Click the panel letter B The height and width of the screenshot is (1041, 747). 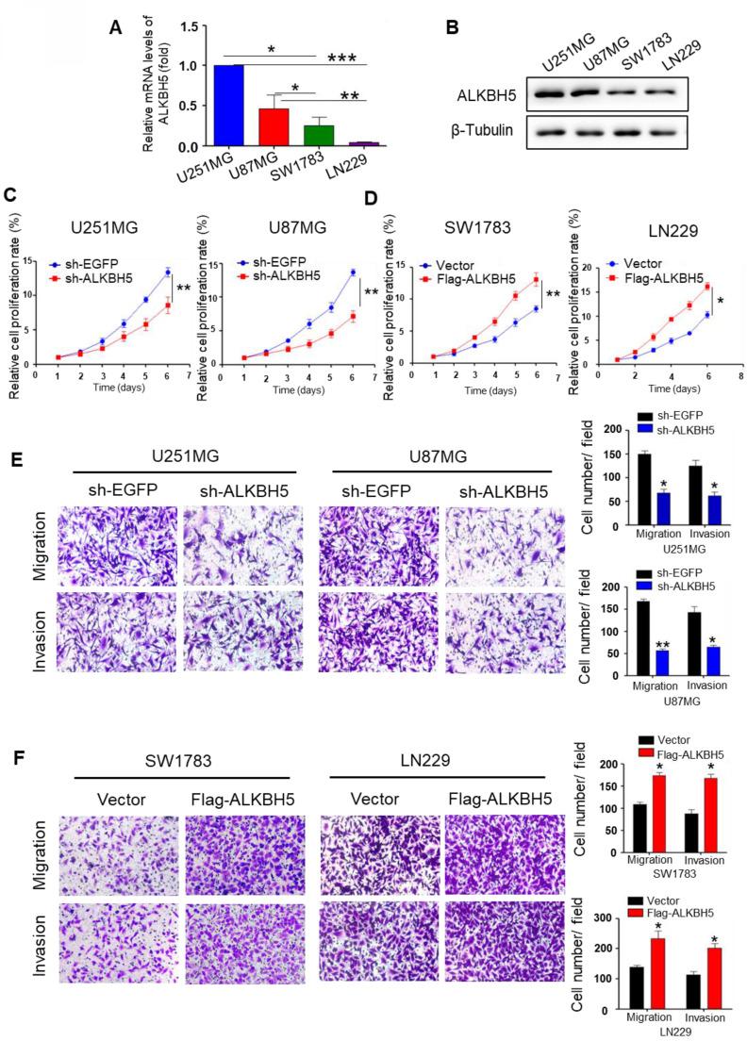[452, 28]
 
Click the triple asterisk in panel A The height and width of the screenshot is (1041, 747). [345, 58]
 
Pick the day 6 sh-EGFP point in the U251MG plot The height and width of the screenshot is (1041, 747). [167, 272]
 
